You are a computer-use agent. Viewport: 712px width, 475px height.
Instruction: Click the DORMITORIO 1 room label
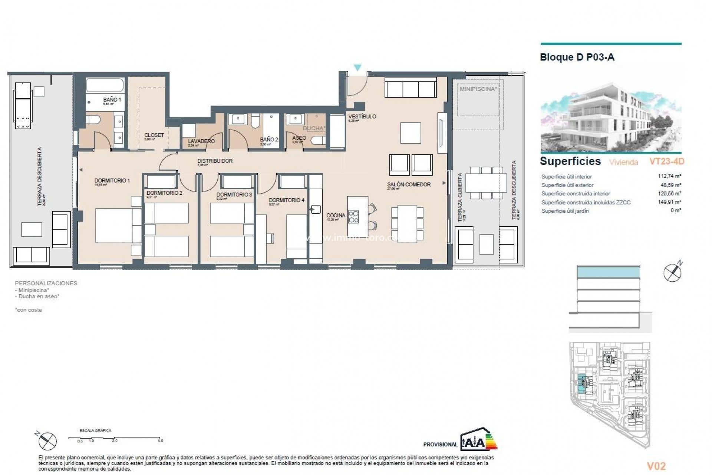pos(112,181)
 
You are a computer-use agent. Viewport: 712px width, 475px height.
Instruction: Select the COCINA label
pos(336,215)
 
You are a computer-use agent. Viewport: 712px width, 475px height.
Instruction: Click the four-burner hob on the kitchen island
pos(353,216)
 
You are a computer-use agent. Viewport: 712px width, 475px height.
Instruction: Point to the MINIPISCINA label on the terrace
pos(478,89)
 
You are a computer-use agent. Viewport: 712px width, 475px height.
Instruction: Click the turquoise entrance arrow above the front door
pos(357,68)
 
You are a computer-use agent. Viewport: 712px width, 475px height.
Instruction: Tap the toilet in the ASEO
pos(318,140)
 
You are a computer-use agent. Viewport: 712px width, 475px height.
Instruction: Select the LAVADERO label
pos(201,141)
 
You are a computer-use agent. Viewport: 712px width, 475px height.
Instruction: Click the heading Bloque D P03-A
pos(577,58)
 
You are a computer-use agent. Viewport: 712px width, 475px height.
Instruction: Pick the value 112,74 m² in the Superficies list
pos(669,177)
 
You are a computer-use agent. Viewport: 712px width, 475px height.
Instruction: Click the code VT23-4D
pos(666,161)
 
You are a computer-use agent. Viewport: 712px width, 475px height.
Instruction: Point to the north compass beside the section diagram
pos(672,273)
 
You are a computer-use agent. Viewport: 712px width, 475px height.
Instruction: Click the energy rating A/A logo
pos(478,439)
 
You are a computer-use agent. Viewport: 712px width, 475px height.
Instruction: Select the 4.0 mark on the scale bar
pos(160,441)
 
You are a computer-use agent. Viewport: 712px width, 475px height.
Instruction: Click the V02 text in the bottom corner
pos(656,466)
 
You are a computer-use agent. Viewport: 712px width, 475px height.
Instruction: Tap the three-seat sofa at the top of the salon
pos(411,88)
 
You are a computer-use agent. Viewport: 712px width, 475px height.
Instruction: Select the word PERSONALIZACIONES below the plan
pos(46,283)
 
